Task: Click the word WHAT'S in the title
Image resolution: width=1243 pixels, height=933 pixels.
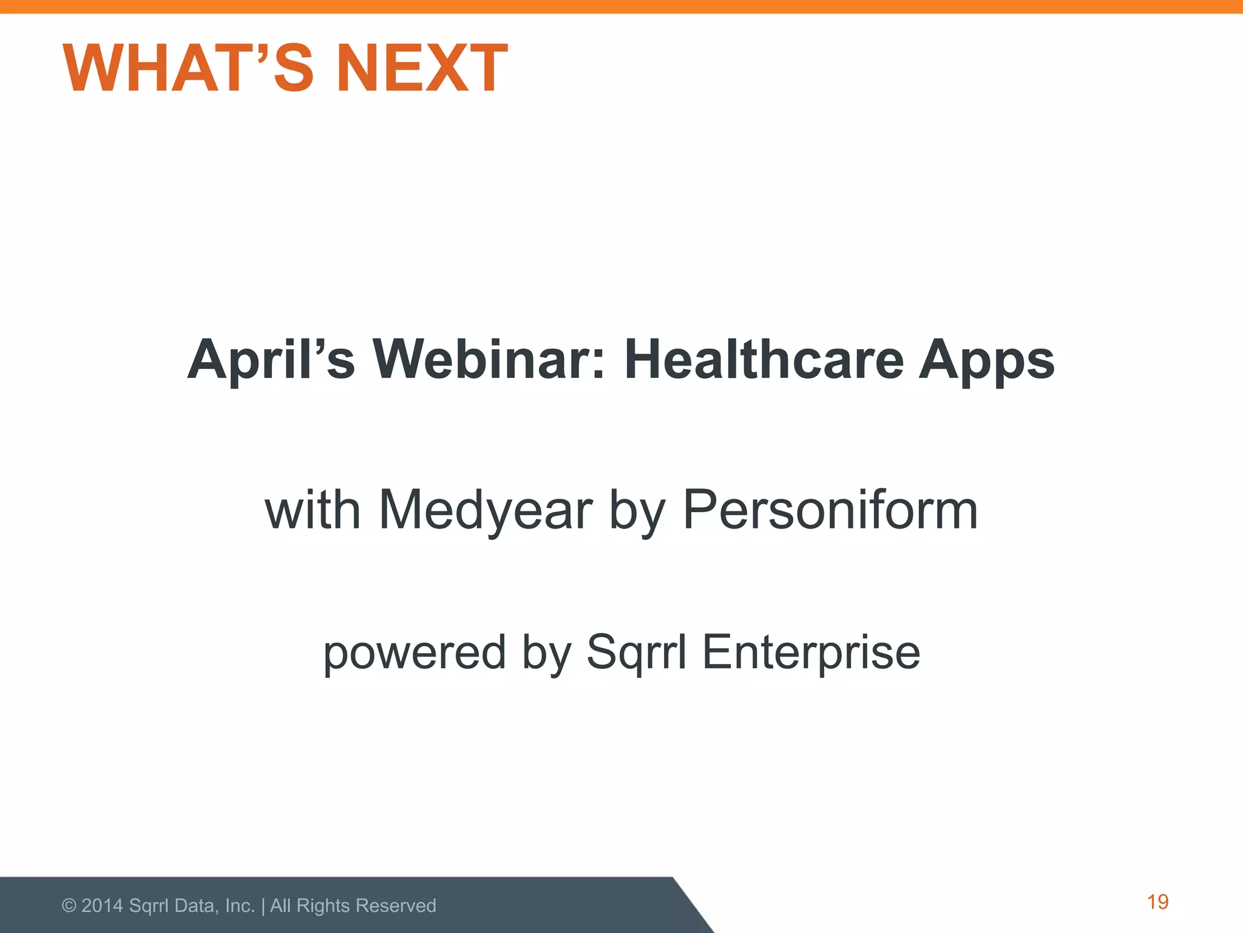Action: (188, 68)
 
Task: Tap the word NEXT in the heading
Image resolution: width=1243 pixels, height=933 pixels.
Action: (422, 68)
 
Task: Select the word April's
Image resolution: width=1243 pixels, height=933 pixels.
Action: (271, 360)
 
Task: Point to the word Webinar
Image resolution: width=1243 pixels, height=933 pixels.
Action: (489, 360)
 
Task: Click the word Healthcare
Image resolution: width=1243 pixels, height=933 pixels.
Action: (764, 360)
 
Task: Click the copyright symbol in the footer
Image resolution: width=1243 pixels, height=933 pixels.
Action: (69, 906)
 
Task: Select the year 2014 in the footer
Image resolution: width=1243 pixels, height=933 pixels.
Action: (103, 906)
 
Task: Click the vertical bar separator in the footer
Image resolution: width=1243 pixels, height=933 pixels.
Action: (263, 906)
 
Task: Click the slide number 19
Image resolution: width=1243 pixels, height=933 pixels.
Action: (1157, 902)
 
